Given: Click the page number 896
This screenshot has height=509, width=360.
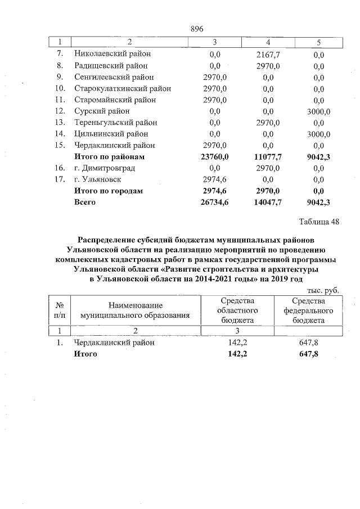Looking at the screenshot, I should click(196, 29).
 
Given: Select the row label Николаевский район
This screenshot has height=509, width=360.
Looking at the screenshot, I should click(112, 54).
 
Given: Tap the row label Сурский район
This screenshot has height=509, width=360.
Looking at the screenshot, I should click(102, 111).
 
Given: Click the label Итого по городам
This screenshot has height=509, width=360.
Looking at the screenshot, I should click(109, 191).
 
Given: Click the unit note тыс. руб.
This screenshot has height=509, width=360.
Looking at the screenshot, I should click(323, 290).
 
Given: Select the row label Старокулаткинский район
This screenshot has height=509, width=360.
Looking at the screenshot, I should click(123, 88).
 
